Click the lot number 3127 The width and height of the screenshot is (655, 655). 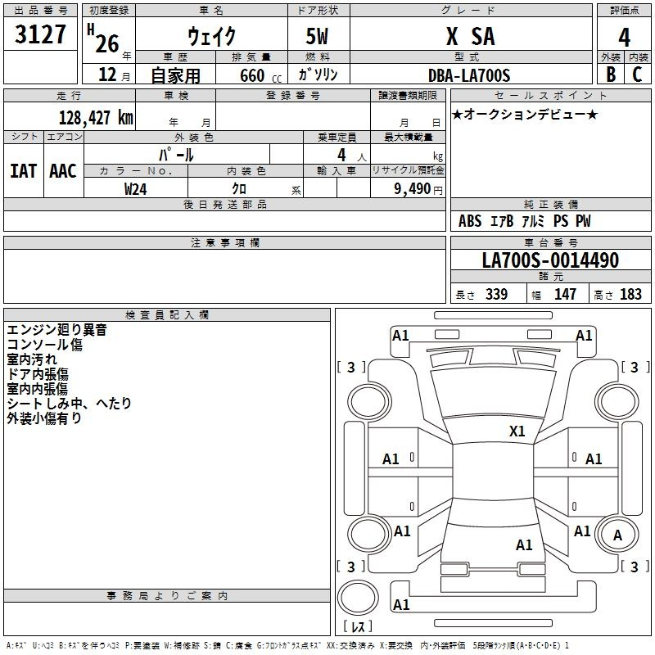[x=40, y=34]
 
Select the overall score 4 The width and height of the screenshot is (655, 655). [x=624, y=38]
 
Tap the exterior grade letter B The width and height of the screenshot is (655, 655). [x=611, y=75]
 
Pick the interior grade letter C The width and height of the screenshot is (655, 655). [x=637, y=75]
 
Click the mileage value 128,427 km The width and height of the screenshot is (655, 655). [x=96, y=118]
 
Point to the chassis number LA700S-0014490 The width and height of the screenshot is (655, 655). [x=550, y=260]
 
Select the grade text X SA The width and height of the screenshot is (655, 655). [x=470, y=36]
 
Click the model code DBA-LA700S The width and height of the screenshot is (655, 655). [x=469, y=75]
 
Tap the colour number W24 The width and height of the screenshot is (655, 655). [x=135, y=189]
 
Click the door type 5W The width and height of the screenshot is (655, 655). [x=317, y=36]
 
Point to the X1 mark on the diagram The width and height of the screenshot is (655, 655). [x=517, y=431]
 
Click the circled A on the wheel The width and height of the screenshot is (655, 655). [x=617, y=535]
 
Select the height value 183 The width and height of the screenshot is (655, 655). [x=630, y=295]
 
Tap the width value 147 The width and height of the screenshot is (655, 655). [x=565, y=295]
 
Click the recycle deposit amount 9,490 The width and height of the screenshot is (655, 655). [x=413, y=189]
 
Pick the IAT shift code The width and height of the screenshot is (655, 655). [x=24, y=171]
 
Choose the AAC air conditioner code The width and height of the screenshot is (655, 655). [x=63, y=171]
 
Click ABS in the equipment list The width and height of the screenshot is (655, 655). [x=470, y=221]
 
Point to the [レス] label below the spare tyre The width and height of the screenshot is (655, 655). [x=358, y=626]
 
